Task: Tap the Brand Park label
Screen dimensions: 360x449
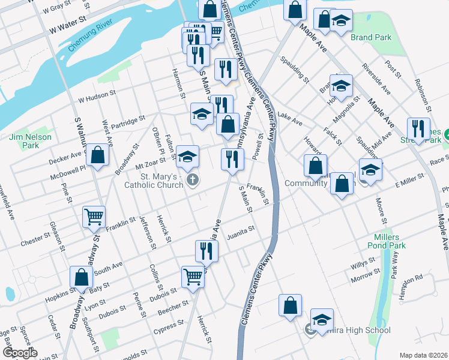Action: pos(371,37)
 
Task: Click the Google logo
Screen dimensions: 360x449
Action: pos(19,353)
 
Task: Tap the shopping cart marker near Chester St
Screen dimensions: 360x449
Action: pos(93,217)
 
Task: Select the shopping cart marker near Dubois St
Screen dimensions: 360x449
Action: pos(192,277)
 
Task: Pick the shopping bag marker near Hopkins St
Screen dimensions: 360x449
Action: pos(81,277)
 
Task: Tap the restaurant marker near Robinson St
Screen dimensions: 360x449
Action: pos(418,128)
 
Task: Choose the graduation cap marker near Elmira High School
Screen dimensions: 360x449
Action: pos(322,319)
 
